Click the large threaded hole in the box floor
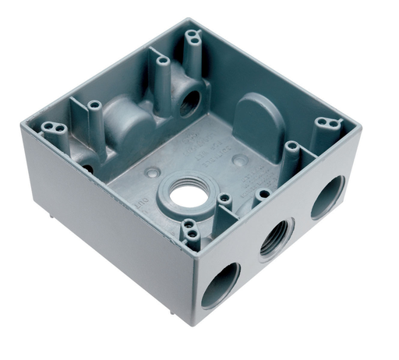click(185, 195)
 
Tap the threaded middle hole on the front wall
click(274, 240)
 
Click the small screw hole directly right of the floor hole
click(224, 198)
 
